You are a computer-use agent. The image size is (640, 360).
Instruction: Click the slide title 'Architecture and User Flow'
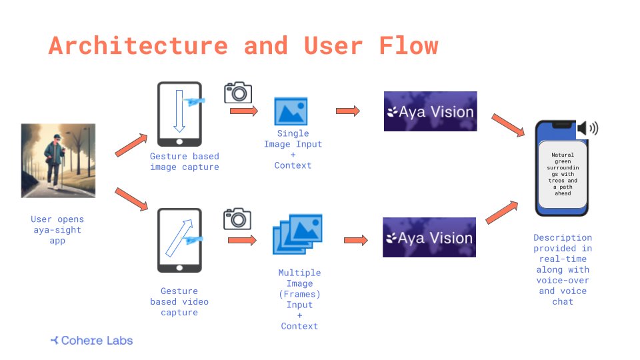[x=243, y=46]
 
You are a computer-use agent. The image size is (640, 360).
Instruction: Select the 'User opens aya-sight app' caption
[x=57, y=230]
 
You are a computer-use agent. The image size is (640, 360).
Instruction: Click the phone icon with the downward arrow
[x=179, y=114]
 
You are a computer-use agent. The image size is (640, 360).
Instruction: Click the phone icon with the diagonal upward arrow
[x=179, y=240]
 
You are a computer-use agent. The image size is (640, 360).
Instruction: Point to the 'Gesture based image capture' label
[x=184, y=162]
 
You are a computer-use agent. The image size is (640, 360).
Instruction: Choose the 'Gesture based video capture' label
[x=179, y=301]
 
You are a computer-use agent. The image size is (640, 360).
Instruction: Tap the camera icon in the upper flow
[x=238, y=92]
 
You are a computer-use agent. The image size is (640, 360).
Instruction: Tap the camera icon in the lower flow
[x=237, y=218]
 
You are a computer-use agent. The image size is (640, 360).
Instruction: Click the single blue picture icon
[x=291, y=111]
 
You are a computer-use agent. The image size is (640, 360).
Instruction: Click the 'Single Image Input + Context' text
[x=293, y=149]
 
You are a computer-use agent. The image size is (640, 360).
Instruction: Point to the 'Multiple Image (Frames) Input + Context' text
[x=299, y=299]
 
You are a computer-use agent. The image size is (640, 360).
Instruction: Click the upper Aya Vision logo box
[x=430, y=111]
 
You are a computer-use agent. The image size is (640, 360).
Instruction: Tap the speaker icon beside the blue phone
[x=588, y=128]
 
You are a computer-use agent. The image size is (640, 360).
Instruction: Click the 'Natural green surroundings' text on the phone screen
[x=563, y=174]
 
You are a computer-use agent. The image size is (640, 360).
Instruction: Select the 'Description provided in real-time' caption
[x=563, y=269]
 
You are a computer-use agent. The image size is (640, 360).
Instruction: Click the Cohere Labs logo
[x=92, y=341]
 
